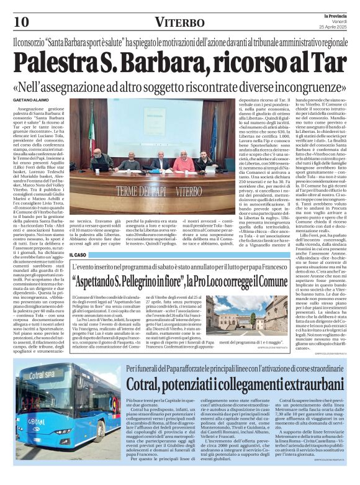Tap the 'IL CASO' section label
tap(79, 255)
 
